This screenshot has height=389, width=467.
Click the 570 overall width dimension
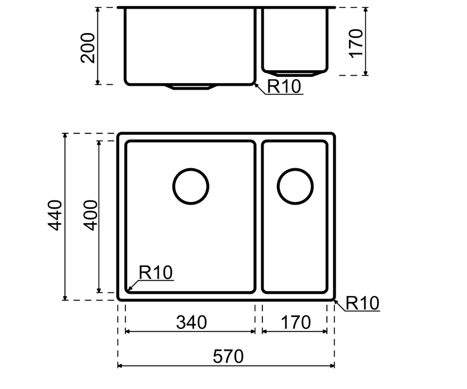point(228,356)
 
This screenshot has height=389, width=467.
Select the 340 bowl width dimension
point(191,322)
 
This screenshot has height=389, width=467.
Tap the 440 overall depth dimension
point(55,215)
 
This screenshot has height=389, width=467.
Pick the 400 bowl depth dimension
point(90,215)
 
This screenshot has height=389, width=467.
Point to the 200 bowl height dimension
point(88,48)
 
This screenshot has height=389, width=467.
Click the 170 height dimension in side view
point(356,43)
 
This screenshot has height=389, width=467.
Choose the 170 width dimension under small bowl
point(295,322)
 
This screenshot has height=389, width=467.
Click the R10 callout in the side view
point(284,86)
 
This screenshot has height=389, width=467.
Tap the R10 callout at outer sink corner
point(362,303)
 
